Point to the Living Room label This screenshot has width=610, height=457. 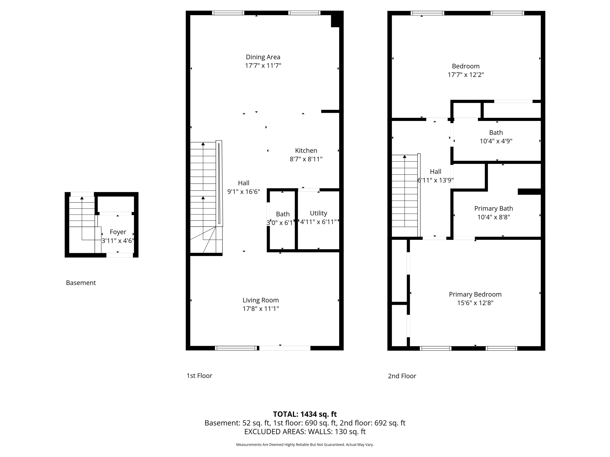pyautogui.click(x=261, y=300)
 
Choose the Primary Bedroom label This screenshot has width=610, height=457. pyautogui.click(x=475, y=295)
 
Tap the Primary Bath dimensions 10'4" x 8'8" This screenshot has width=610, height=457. pyautogui.click(x=494, y=217)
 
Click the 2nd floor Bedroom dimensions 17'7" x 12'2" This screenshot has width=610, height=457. pyautogui.click(x=466, y=75)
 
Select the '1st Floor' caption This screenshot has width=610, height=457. pyautogui.click(x=199, y=376)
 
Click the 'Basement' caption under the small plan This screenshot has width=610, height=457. pyautogui.click(x=81, y=283)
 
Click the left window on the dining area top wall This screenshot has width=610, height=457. pyautogui.click(x=228, y=13)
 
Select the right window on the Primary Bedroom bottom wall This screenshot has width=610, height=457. pyautogui.click(x=501, y=348)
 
